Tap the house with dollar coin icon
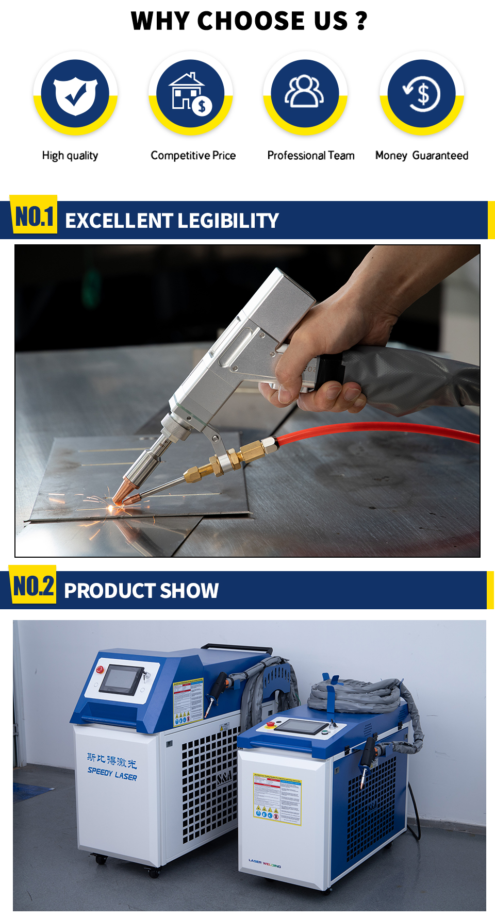click(x=190, y=94)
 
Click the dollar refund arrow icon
click(x=422, y=94)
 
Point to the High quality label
click(x=70, y=156)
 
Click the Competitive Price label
click(x=193, y=156)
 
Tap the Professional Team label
click(x=310, y=156)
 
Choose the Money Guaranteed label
click(x=421, y=156)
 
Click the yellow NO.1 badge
click(x=34, y=216)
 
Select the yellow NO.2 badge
click(x=33, y=586)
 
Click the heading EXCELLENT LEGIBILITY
click(x=172, y=221)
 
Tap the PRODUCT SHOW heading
click(x=141, y=591)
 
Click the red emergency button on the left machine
click(x=100, y=670)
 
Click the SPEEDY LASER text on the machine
click(x=112, y=774)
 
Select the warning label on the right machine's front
click(x=277, y=798)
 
